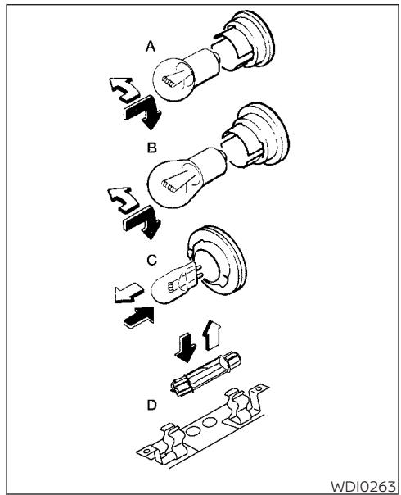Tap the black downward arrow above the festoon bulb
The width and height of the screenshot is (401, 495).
click(x=187, y=342)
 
